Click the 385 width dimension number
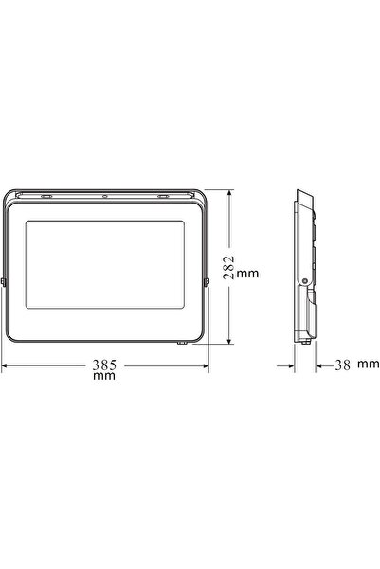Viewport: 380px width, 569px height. pyautogui.click(x=104, y=365)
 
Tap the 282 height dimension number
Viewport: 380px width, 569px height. pyautogui.click(x=228, y=267)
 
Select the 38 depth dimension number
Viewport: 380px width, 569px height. pyautogui.click(x=343, y=365)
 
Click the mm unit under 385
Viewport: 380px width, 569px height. pyautogui.click(x=104, y=376)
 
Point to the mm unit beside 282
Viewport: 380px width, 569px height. pyautogui.click(x=247, y=274)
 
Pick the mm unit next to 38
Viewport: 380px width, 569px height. pyautogui.click(x=369, y=364)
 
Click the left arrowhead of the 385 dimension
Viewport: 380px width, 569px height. pyautogui.click(x=5, y=365)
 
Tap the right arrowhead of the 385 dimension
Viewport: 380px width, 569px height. pyautogui.click(x=206, y=365)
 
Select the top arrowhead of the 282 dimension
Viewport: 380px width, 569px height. pyautogui.click(x=229, y=193)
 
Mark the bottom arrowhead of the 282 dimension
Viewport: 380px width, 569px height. pyautogui.click(x=229, y=341)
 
